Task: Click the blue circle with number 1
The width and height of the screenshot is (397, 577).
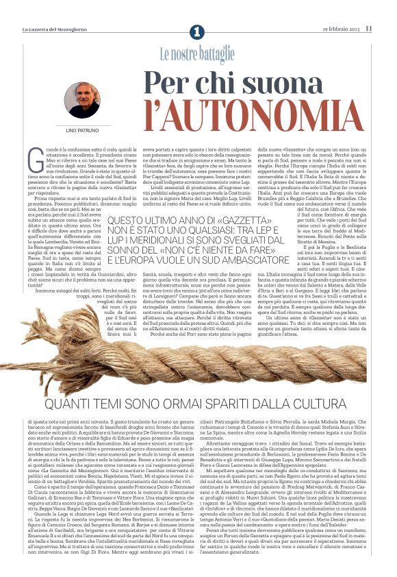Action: [x=198, y=31]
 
